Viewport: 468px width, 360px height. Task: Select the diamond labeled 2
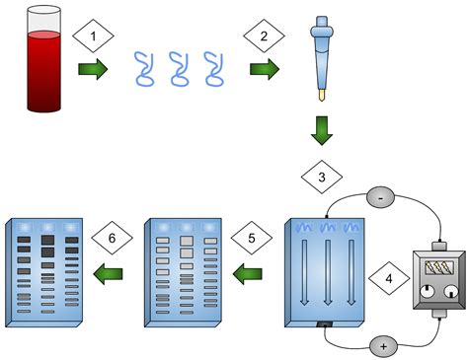(263, 36)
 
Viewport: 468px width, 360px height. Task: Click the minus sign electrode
(381, 198)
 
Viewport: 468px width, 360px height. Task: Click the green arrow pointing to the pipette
(264, 70)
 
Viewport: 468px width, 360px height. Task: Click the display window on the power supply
(436, 266)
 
